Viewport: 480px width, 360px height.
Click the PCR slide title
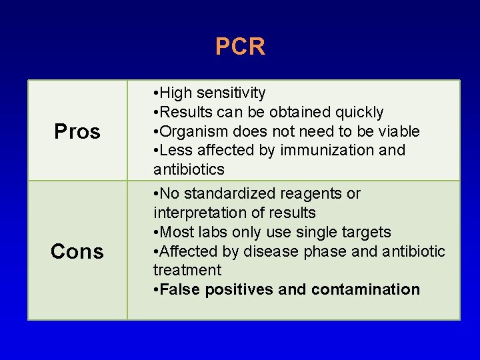click(x=240, y=47)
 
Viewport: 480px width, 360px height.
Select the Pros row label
click(x=77, y=132)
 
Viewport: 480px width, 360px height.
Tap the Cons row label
click(x=77, y=251)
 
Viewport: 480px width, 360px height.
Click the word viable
click(x=397, y=131)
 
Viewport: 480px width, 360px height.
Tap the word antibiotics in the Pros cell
click(x=189, y=169)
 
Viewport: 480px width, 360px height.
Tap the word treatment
click(x=187, y=270)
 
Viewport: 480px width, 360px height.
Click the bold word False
click(x=181, y=289)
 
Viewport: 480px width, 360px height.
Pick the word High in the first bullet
click(x=175, y=93)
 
